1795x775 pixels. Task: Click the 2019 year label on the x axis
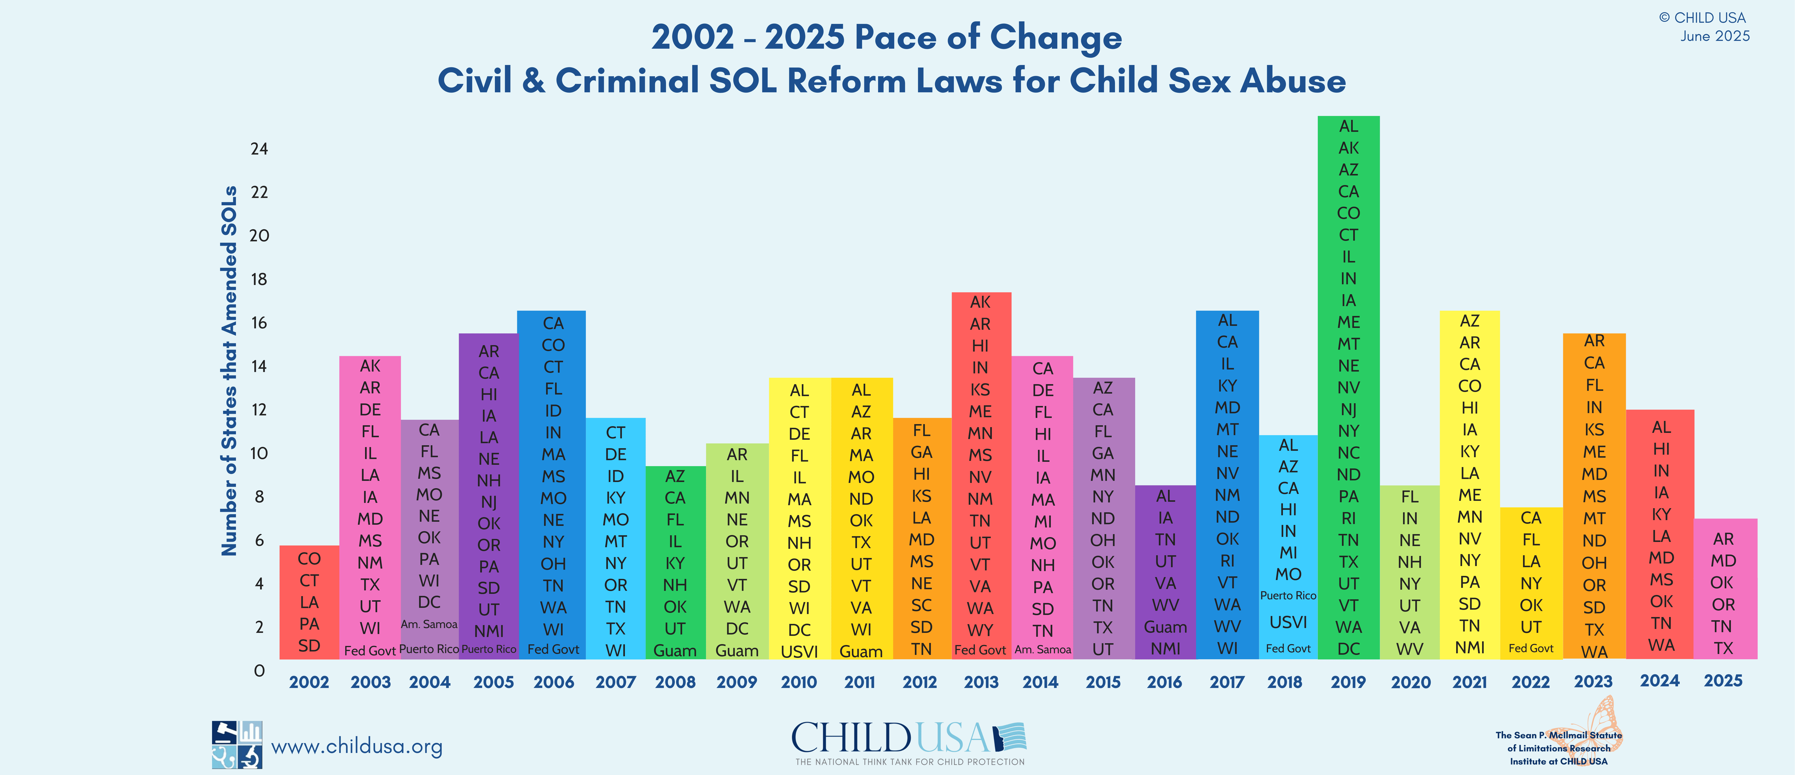click(1348, 682)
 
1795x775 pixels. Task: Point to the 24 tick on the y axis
click(259, 149)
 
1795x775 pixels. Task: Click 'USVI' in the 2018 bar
click(1288, 622)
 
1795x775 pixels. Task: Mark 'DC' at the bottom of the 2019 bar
click(1348, 649)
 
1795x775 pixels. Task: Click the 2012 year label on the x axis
click(920, 682)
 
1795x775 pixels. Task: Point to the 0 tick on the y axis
click(259, 671)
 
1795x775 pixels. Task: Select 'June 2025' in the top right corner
click(1715, 36)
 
